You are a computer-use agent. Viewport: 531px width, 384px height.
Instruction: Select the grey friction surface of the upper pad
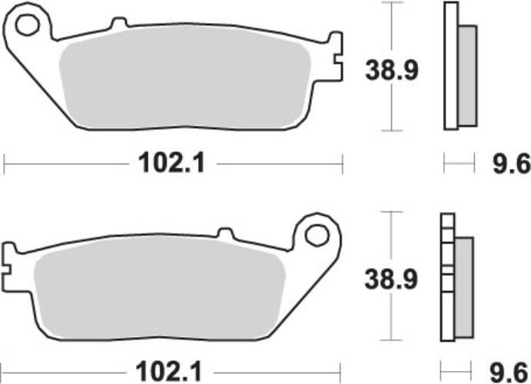point(184,81)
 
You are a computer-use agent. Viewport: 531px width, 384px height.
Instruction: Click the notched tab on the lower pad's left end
point(9,262)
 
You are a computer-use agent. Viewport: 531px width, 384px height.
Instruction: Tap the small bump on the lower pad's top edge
point(225,233)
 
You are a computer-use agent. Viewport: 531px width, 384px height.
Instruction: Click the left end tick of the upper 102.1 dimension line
point(5,163)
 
